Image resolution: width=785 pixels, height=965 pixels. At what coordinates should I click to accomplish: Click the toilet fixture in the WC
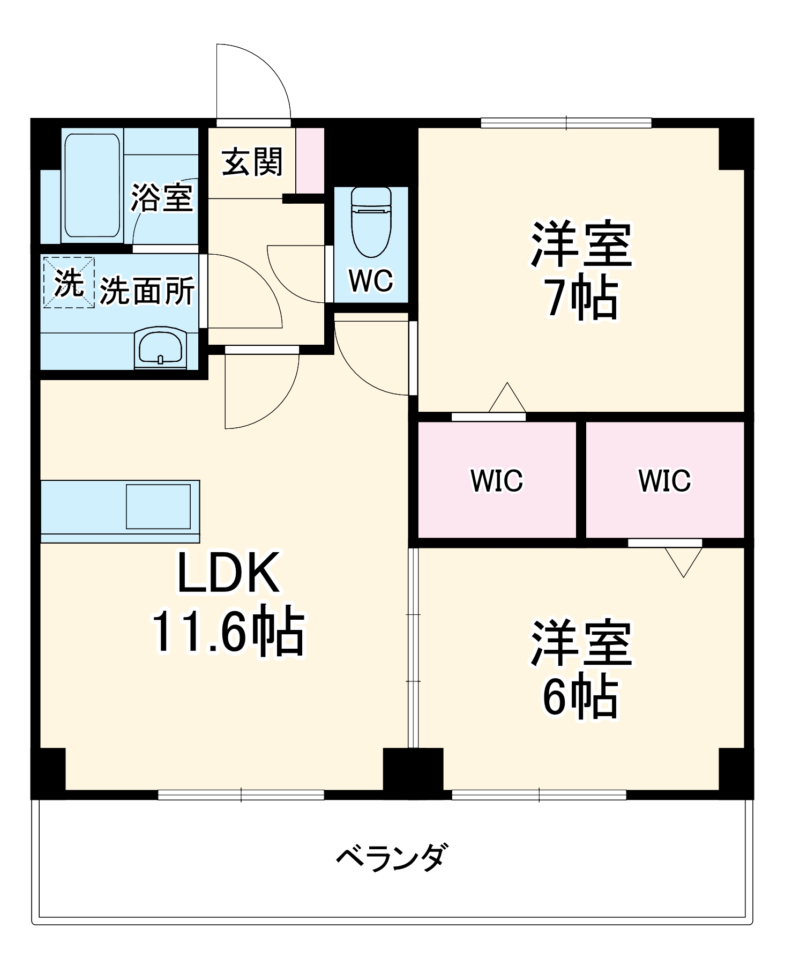[x=371, y=222]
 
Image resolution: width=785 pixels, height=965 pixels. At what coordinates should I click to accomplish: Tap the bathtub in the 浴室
[x=92, y=186]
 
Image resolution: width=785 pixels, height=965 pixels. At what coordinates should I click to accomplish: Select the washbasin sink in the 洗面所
[x=161, y=348]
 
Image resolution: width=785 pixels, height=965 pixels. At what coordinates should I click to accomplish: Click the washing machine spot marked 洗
[x=69, y=283]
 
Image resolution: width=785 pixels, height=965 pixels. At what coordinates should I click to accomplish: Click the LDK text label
[x=228, y=573]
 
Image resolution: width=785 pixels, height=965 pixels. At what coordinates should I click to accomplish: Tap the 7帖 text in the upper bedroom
[x=581, y=298]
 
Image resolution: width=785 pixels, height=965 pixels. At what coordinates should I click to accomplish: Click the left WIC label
[x=497, y=480]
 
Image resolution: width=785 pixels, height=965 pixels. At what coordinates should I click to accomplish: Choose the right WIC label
[x=664, y=480]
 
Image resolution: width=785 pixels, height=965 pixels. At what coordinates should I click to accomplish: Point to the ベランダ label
[x=390, y=857]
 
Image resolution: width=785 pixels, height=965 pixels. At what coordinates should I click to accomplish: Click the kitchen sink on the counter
[x=158, y=506]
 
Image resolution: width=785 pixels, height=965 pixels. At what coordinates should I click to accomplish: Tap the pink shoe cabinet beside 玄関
[x=310, y=160]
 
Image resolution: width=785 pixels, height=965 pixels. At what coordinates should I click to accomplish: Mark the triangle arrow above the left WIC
[x=507, y=398]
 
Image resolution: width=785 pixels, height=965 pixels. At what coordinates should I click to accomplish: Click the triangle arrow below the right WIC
[x=683, y=560]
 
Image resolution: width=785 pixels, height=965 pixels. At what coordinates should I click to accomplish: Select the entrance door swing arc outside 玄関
[x=257, y=80]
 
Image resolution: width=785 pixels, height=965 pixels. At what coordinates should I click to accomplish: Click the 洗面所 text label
[x=147, y=291]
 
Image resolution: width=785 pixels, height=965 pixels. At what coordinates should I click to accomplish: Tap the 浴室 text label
[x=162, y=197]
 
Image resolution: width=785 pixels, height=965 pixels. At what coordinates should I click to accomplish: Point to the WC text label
[x=371, y=280]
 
